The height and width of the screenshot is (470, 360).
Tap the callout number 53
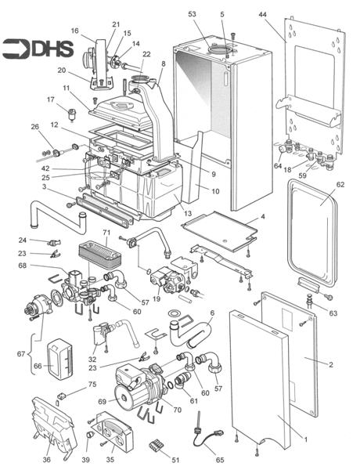[x=192, y=14]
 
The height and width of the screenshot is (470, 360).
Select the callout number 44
[x=263, y=14]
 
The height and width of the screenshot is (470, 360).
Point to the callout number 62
[x=340, y=186]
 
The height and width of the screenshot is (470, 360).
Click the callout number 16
[x=75, y=31]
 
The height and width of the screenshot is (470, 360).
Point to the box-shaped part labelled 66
[x=60, y=356]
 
